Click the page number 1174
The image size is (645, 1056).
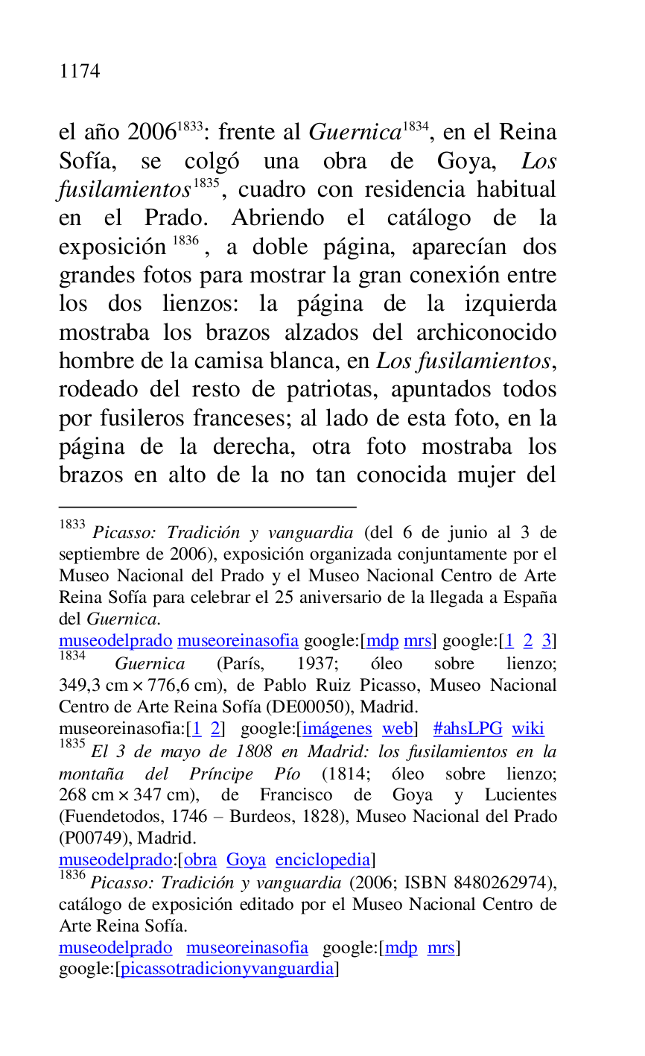79,72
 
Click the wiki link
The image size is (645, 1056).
528,729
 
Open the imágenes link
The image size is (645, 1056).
337,729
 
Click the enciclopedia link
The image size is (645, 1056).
322,860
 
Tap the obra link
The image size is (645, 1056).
200,860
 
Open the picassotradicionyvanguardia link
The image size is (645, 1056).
227,970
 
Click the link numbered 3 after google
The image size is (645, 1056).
546,641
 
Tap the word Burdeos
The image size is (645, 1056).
262,817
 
